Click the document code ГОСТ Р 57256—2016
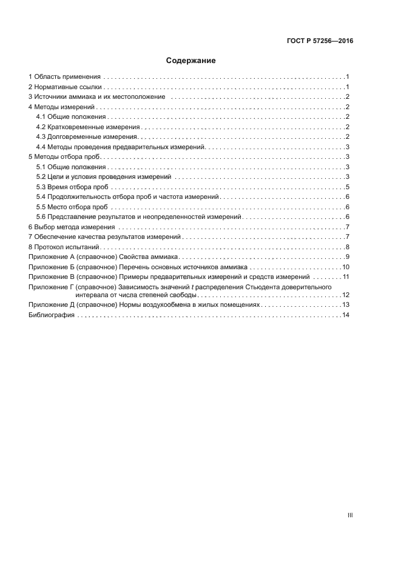[320, 42]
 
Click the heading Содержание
[191, 61]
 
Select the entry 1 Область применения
[65, 77]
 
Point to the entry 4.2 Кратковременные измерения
[88, 127]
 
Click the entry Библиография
[52, 315]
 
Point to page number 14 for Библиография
[346, 315]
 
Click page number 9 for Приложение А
[348, 257]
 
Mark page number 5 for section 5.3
[348, 186]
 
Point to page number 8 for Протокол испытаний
[348, 247]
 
